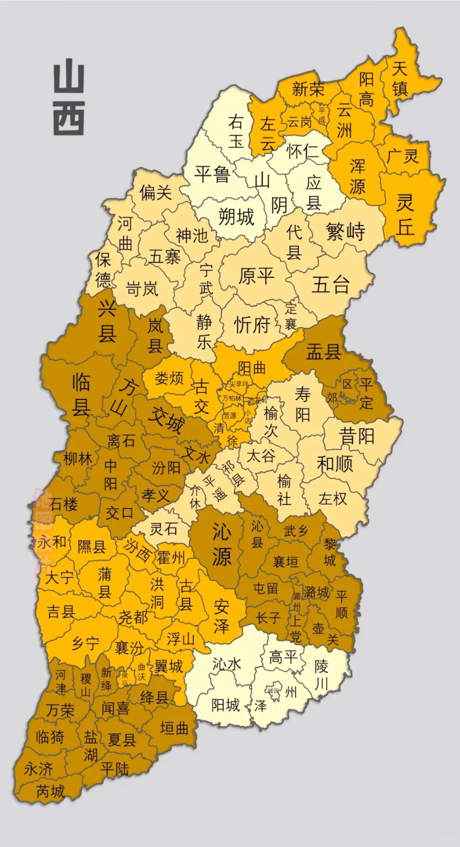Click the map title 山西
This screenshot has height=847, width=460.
(69, 99)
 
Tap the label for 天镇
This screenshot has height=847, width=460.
(400, 79)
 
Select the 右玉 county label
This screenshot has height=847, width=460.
(236, 131)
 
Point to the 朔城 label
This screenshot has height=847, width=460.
(236, 217)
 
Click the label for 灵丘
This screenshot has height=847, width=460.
(405, 214)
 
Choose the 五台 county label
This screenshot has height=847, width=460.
(331, 284)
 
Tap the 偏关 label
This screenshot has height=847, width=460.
(156, 193)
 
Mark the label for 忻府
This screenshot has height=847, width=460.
(252, 325)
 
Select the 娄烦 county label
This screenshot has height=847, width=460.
(169, 378)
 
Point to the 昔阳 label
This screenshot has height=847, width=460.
(356, 436)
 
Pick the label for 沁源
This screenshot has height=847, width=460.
(222, 545)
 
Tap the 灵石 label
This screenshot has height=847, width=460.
(164, 529)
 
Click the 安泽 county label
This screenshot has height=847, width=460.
(221, 616)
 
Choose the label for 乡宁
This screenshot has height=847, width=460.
(85, 643)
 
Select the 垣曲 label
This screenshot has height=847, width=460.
(174, 728)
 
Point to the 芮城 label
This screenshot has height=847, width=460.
(50, 791)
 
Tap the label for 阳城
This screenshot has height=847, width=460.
(226, 705)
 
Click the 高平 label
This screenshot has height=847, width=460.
(283, 657)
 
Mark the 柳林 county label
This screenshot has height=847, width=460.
(78, 459)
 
